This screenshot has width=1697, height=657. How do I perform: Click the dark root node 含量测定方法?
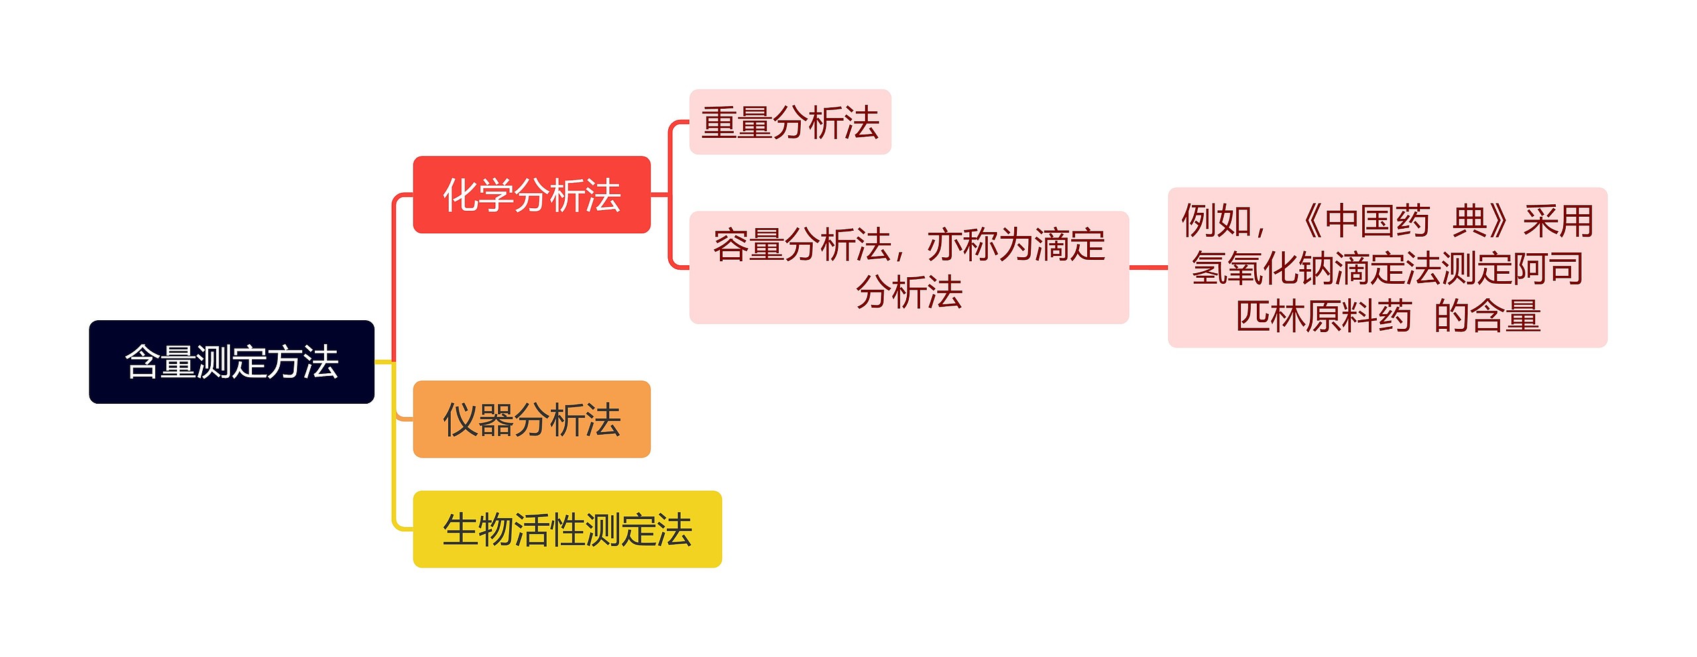click(x=231, y=362)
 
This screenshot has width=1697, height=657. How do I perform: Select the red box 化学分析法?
click(x=532, y=195)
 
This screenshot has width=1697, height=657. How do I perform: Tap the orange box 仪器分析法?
click(x=532, y=419)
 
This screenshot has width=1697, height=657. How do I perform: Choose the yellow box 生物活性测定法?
click(x=567, y=529)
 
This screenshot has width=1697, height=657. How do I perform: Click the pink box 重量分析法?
click(x=790, y=123)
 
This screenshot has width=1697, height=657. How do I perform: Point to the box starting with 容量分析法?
click(x=909, y=268)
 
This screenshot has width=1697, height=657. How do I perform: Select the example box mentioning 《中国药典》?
click(x=1387, y=268)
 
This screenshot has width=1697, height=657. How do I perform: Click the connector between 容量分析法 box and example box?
click(x=1148, y=268)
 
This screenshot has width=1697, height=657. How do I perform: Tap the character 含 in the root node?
click(x=143, y=363)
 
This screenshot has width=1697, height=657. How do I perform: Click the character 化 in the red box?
click(x=461, y=196)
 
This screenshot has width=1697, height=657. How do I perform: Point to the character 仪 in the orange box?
click(x=461, y=420)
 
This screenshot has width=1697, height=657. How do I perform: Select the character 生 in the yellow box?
click(x=461, y=530)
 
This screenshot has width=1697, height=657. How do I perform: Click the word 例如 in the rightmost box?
click(x=1217, y=221)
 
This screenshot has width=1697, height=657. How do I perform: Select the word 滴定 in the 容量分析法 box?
click(x=1069, y=245)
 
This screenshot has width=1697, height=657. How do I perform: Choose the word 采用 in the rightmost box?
click(x=1558, y=221)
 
